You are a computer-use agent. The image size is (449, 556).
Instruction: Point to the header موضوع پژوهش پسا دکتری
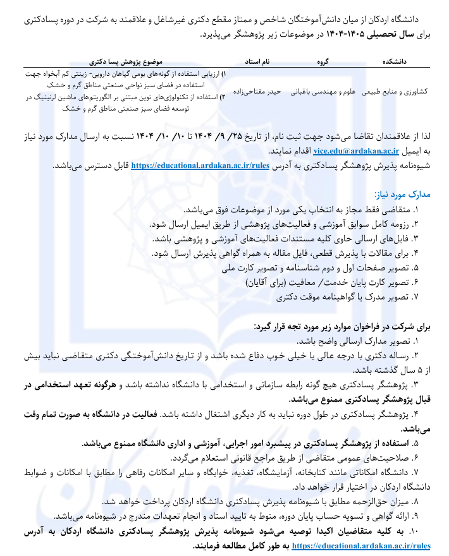[126, 61]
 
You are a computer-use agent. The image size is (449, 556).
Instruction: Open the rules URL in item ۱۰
[362, 544]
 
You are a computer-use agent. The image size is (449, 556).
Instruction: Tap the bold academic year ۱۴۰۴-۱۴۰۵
[349, 35]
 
